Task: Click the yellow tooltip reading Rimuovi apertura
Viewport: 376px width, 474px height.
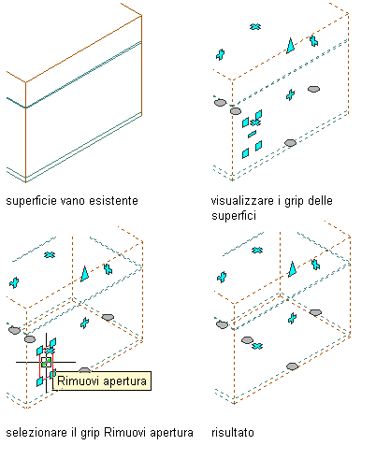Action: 102,381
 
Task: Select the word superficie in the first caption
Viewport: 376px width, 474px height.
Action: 31,201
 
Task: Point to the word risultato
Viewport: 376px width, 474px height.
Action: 233,433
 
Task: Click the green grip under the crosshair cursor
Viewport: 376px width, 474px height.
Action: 46,363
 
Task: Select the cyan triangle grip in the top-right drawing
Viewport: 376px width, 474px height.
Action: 291,46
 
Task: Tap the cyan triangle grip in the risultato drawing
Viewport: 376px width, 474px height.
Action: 292,269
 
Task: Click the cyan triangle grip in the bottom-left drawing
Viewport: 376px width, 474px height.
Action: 84,274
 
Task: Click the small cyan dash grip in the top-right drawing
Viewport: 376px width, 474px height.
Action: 252,134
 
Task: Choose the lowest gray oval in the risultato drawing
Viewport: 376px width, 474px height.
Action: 292,366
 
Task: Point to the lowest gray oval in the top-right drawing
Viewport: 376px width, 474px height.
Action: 290,143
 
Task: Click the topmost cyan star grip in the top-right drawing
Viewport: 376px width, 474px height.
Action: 255,27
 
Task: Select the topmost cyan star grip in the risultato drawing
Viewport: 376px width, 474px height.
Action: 257,250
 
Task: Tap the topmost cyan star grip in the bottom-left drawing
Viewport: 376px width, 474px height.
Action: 50,255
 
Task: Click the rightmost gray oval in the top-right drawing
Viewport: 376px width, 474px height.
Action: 313,89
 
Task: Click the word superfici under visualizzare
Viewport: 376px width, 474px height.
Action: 234,216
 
